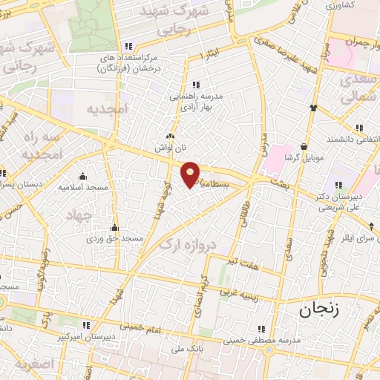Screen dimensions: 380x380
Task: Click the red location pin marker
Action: (191, 174)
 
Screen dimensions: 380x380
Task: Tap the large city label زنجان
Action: (319, 310)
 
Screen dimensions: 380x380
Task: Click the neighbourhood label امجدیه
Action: (107, 109)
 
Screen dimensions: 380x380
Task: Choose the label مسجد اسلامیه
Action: (85, 188)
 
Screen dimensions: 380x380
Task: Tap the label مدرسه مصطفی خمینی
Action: (269, 339)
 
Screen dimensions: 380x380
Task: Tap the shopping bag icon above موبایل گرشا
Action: (304, 146)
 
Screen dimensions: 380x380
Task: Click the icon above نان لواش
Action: (171, 137)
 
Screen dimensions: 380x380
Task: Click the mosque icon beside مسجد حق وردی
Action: (114, 228)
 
